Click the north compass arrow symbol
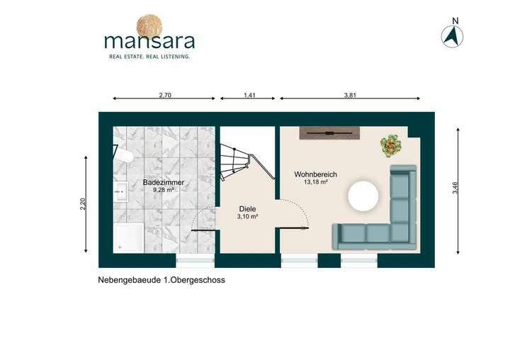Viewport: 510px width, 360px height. tap(451, 35)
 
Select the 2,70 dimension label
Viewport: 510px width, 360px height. tap(164, 95)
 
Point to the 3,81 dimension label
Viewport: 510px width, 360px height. tap(349, 95)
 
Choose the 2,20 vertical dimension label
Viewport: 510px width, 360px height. tap(84, 203)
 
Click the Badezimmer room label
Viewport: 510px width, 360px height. tap(164, 183)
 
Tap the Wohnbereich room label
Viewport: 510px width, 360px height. tap(316, 174)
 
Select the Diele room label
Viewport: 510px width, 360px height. tap(248, 209)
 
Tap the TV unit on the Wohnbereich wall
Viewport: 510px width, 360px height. tap(330, 133)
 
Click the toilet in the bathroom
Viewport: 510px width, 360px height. tap(122, 155)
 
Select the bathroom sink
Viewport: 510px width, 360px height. tap(120, 189)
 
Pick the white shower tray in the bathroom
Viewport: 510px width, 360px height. tap(127, 237)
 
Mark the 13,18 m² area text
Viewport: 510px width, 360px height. tap(315, 183)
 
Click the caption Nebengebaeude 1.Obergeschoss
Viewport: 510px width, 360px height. tap(161, 281)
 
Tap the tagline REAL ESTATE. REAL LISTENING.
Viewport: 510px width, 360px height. tap(148, 55)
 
